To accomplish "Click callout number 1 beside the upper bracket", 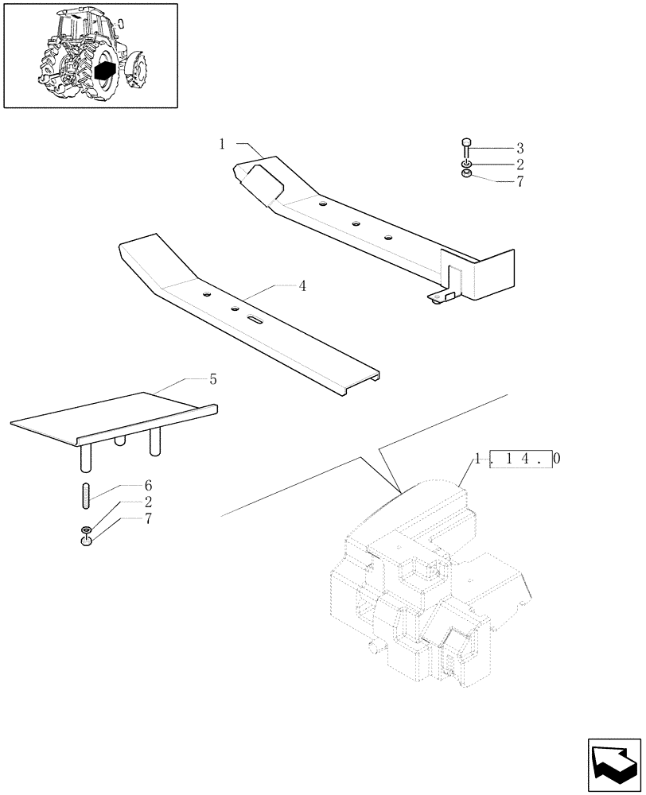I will pyautogui.click(x=223, y=144).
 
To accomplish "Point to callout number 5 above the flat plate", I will pyautogui.click(x=212, y=379).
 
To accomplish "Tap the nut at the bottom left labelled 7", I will pyautogui.click(x=87, y=542).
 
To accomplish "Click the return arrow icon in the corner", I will pyautogui.click(x=614, y=764).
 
